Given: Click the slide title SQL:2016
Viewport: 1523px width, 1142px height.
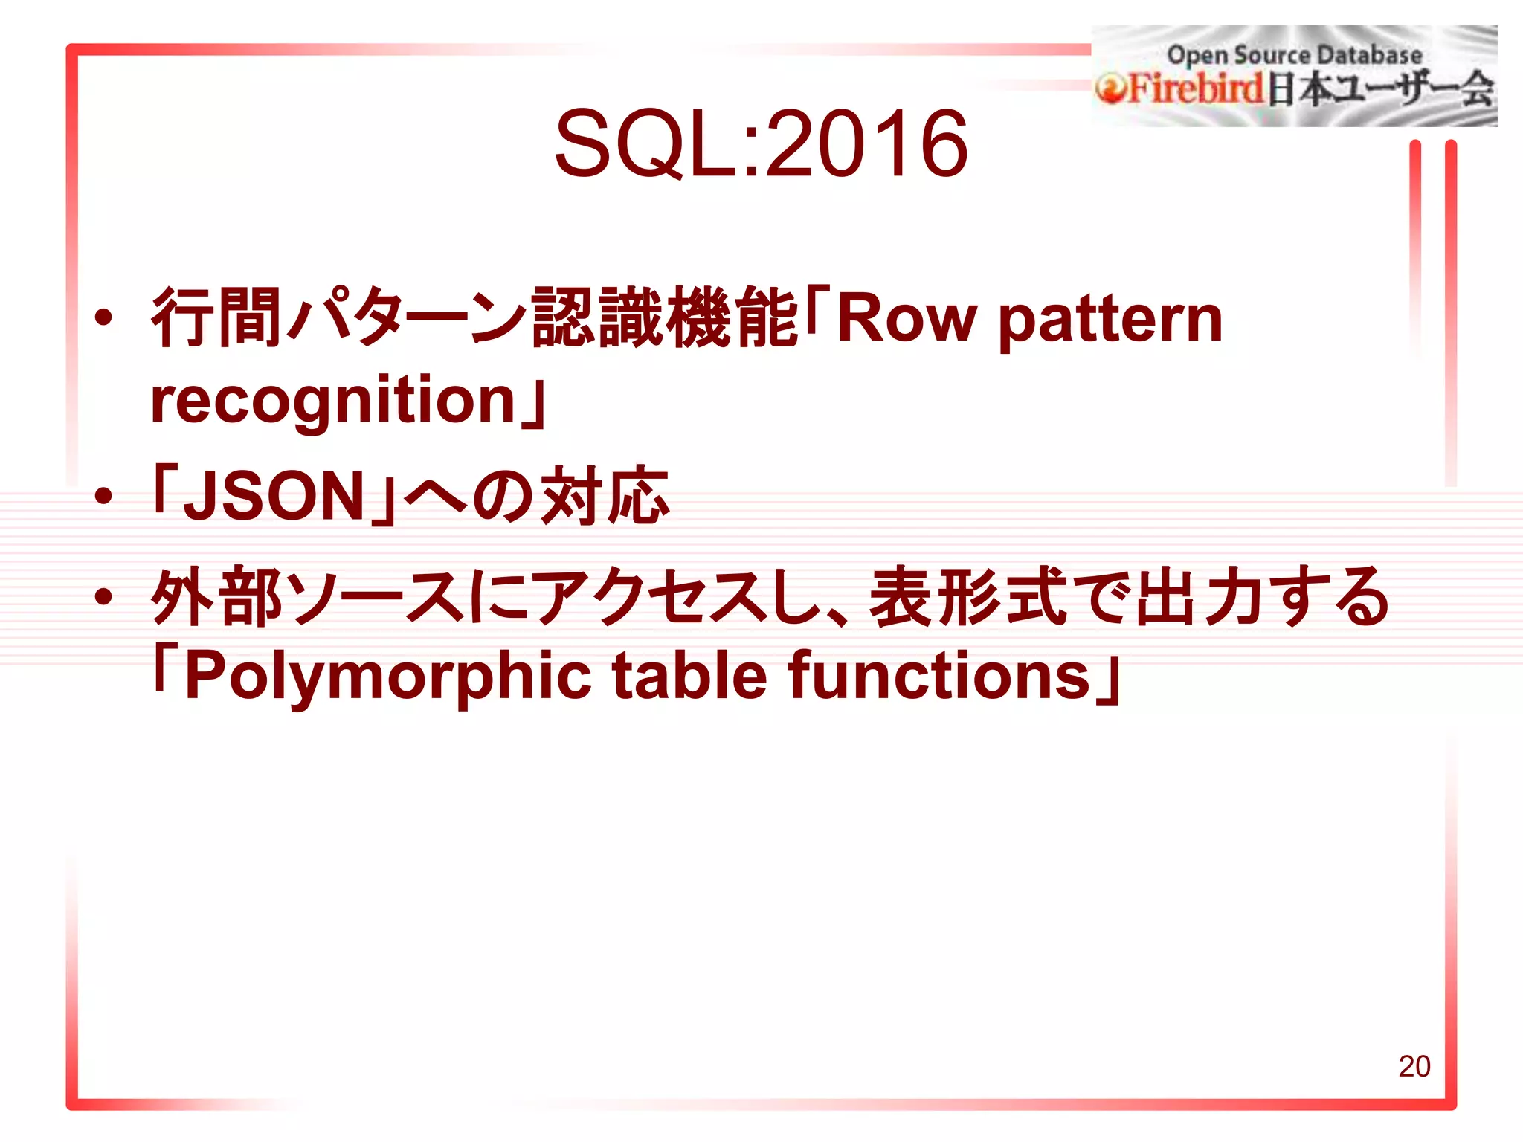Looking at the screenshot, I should [761, 143].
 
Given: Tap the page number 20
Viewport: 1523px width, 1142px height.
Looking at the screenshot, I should [1414, 1066].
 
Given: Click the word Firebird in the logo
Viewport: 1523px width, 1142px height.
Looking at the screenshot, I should [1196, 88].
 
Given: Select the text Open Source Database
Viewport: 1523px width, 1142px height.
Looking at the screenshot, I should [1294, 54].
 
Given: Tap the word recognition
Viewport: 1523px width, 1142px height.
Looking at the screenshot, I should [332, 401].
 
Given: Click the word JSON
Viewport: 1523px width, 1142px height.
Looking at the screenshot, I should [273, 497].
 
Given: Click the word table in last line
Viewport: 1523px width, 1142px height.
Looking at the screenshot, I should [689, 675].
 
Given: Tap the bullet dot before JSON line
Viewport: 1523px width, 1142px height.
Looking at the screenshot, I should [104, 497].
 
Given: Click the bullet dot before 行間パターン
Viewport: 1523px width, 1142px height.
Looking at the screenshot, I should [104, 318].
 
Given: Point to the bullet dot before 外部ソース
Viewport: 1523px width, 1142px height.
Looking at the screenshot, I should [104, 596].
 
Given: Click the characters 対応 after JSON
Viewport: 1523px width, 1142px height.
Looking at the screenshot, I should [604, 496].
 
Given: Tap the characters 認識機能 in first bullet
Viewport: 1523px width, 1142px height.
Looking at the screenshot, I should [664, 318].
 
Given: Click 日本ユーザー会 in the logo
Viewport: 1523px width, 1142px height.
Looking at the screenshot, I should [1380, 89].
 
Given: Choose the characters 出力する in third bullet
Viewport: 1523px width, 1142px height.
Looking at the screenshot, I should [1260, 596].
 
